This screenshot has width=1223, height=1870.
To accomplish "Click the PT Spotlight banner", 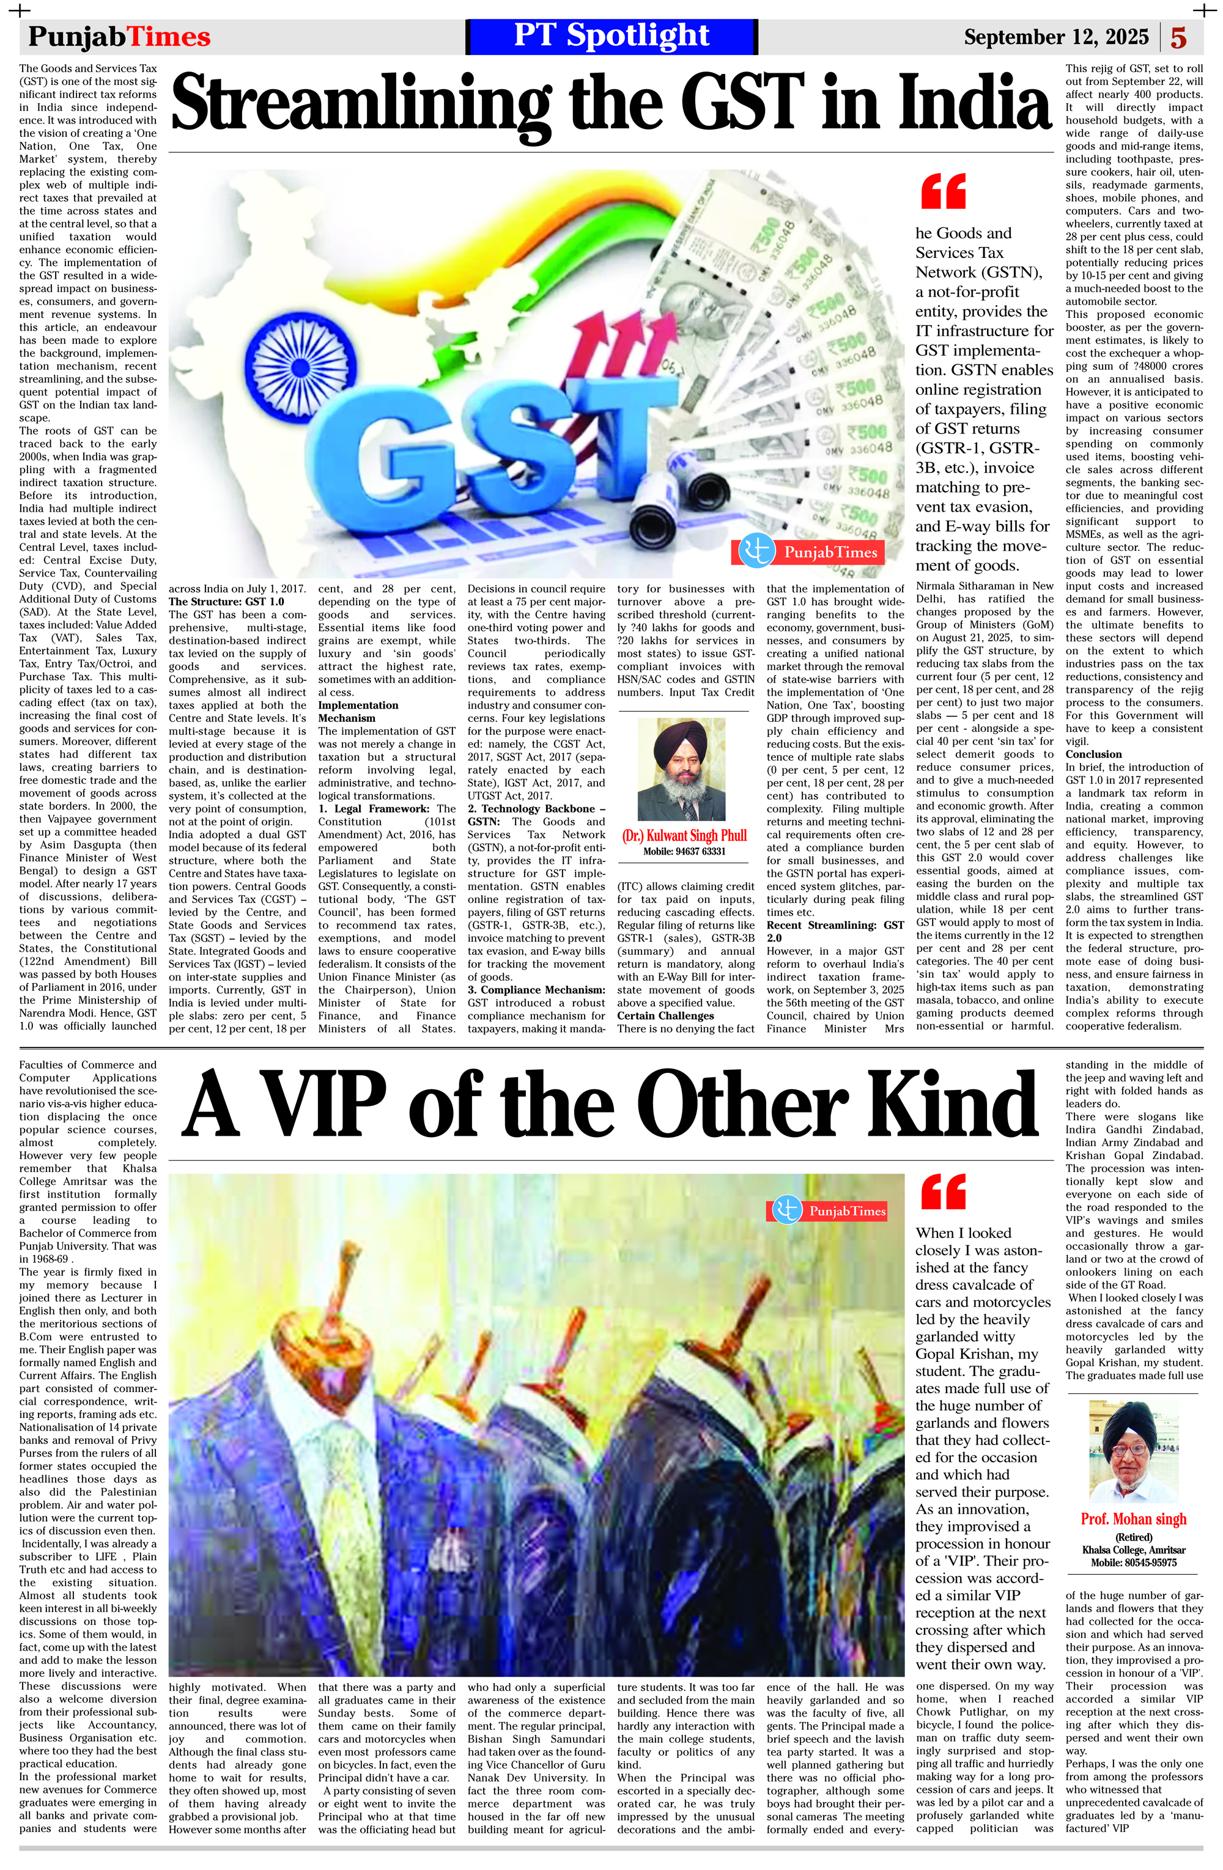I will pyautogui.click(x=611, y=36).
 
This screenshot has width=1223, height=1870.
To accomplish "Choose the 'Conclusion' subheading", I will pyautogui.click(x=1093, y=754).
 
